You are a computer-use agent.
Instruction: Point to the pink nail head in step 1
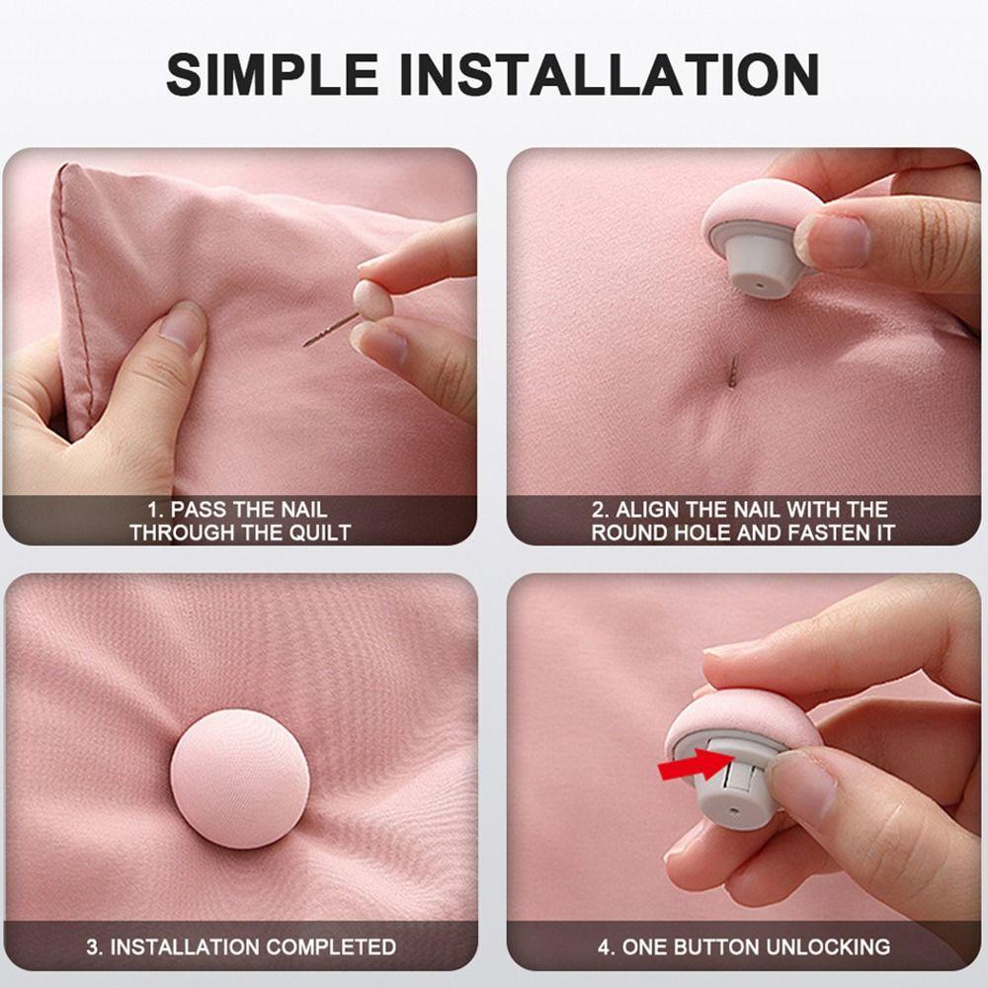tap(372, 299)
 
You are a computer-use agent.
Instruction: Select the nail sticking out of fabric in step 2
tap(732, 370)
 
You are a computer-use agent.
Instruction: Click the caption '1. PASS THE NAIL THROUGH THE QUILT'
tap(239, 521)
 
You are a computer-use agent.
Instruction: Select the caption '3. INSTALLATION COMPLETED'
tap(240, 946)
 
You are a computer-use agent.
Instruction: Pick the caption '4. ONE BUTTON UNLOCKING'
tap(743, 946)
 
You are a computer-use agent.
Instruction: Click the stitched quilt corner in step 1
tap(71, 188)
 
